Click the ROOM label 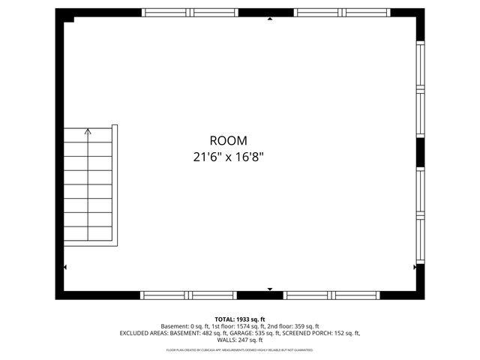tap(228, 140)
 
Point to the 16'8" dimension tap(248, 157)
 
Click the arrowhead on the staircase tap(88, 131)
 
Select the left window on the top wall tap(190, 13)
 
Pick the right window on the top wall tap(342, 13)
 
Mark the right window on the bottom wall tap(333, 295)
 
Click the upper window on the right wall tap(420, 90)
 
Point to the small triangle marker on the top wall tap(270, 19)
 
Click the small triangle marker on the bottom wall tap(270, 289)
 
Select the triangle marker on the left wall tap(65, 267)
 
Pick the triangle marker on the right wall tap(415, 266)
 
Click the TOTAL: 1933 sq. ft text tap(240, 319)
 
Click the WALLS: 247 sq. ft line tap(240, 340)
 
